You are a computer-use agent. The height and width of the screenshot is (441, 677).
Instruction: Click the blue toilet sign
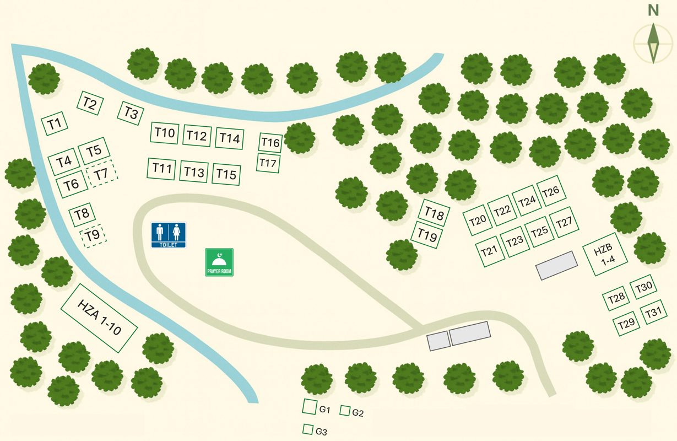point(169,235)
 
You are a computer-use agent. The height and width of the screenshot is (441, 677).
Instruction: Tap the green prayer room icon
point(219,262)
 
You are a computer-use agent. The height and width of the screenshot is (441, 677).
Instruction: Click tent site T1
point(55,123)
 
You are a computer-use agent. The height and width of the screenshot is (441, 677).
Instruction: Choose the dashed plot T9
point(93,236)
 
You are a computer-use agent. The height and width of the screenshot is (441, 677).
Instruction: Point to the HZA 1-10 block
point(99,318)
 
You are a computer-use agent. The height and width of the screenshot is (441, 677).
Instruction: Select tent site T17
point(268,163)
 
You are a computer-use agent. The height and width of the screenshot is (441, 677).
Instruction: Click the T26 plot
point(551,191)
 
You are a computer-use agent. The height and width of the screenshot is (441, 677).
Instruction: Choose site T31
point(653,312)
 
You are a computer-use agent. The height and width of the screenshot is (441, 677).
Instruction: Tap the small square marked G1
point(309,407)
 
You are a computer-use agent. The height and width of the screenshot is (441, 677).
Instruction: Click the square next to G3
point(307,429)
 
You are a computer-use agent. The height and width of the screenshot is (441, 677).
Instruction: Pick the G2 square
point(345,411)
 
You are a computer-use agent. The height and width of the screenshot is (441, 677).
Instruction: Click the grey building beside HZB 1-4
point(557,265)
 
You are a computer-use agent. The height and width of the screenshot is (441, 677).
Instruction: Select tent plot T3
point(131,113)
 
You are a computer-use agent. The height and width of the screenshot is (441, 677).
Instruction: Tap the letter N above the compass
point(653,10)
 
